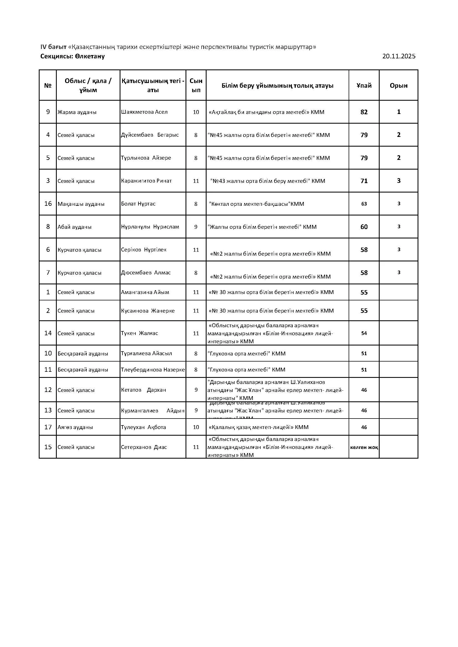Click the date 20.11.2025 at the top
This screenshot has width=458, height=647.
[x=399, y=56]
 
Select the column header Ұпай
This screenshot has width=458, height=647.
[x=364, y=86]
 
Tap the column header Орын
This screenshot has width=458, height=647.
[x=398, y=86]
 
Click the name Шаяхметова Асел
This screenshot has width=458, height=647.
[x=144, y=112]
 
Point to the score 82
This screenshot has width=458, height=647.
[x=364, y=112]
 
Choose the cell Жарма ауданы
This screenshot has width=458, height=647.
[x=77, y=112]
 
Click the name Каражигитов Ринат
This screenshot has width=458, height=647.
[x=146, y=181]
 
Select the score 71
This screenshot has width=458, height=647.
[x=364, y=181]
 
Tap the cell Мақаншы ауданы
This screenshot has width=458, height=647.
[x=81, y=204]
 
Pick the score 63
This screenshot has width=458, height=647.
[x=364, y=204]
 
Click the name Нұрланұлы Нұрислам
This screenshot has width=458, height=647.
[x=150, y=227]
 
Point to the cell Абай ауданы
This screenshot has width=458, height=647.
[x=74, y=227]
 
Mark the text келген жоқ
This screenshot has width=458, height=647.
[x=364, y=447]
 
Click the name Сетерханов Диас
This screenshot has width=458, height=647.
[x=144, y=447]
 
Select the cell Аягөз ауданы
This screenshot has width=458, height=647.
[x=75, y=427]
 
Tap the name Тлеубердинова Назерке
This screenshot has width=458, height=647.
[x=153, y=370]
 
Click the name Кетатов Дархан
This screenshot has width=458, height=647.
[x=143, y=390]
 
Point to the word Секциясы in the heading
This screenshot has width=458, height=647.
[x=56, y=56]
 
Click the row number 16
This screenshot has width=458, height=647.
[x=48, y=204]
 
